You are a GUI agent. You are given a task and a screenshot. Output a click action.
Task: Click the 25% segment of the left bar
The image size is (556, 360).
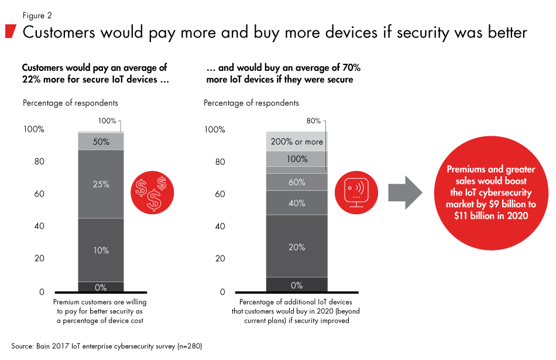click(101, 184)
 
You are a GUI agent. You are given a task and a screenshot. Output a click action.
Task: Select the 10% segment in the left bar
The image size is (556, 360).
click(101, 250)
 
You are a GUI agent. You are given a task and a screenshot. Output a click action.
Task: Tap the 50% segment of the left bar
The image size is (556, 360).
click(101, 142)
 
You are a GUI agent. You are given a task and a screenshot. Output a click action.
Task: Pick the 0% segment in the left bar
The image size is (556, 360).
click(101, 287)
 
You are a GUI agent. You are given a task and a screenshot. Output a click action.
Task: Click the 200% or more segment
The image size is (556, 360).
click(297, 142)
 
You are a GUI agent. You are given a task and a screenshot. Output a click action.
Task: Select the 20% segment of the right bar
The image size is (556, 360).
click(297, 246)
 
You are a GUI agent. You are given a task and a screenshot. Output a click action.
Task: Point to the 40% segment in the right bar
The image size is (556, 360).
click(297, 203)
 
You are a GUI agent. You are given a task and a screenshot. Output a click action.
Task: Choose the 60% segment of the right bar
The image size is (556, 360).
click(297, 182)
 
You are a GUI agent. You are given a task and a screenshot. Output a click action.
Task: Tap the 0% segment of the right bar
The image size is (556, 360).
click(297, 285)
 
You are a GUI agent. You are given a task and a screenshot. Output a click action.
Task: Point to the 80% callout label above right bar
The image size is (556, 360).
click(314, 121)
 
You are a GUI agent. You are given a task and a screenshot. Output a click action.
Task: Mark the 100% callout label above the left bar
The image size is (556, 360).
click(107, 121)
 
